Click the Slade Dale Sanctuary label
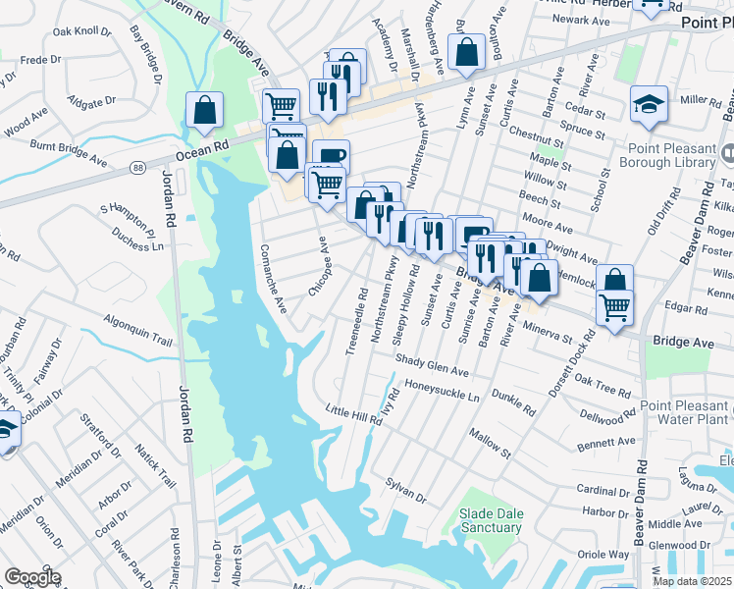(491, 520)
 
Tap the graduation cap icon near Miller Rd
(649, 105)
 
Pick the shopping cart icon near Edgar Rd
(614, 308)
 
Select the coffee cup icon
(331, 156)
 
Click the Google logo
(32, 577)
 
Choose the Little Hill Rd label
(354, 414)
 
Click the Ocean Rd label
(202, 148)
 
